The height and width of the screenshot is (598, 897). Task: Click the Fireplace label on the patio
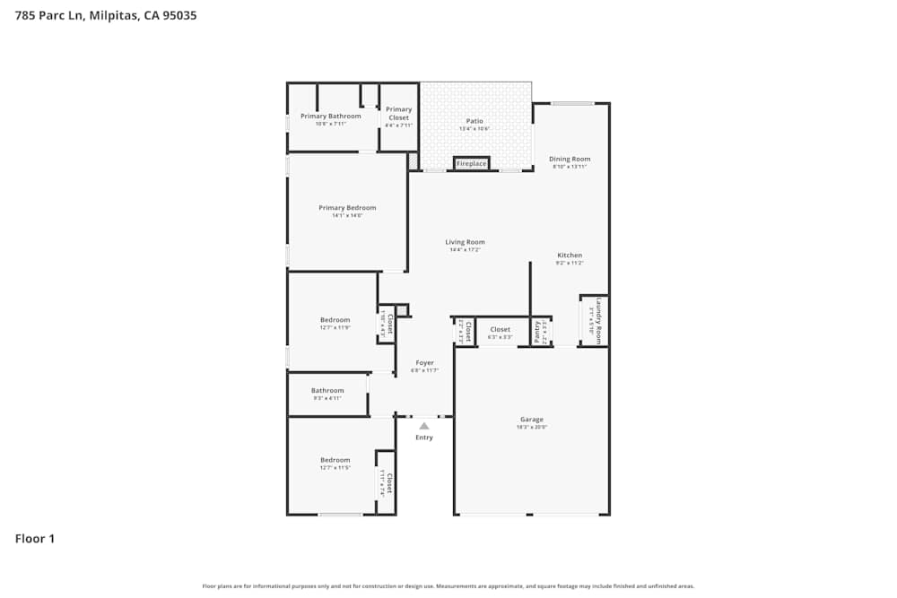click(471, 164)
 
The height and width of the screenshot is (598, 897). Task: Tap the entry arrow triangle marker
click(424, 426)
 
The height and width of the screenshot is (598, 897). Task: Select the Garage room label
click(532, 420)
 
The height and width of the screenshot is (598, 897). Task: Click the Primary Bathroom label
click(331, 117)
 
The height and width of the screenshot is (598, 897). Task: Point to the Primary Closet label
click(399, 114)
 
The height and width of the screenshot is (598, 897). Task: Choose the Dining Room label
click(570, 160)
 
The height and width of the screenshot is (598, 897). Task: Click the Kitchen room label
click(570, 256)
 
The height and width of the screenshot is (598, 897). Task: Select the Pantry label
click(538, 332)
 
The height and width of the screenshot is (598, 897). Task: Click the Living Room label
click(466, 242)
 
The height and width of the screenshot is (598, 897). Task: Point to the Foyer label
click(424, 363)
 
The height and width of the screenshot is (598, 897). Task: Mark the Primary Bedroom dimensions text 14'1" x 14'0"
click(347, 215)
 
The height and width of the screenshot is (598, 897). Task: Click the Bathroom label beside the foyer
click(327, 391)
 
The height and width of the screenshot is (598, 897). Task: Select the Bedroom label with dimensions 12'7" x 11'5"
click(335, 460)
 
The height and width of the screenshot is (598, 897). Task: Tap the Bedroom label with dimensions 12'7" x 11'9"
click(335, 320)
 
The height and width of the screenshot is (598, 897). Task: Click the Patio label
click(475, 121)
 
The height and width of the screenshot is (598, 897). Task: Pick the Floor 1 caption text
click(35, 539)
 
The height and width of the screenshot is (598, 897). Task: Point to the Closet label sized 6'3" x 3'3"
click(501, 330)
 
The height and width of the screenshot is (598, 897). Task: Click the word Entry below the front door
click(424, 438)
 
